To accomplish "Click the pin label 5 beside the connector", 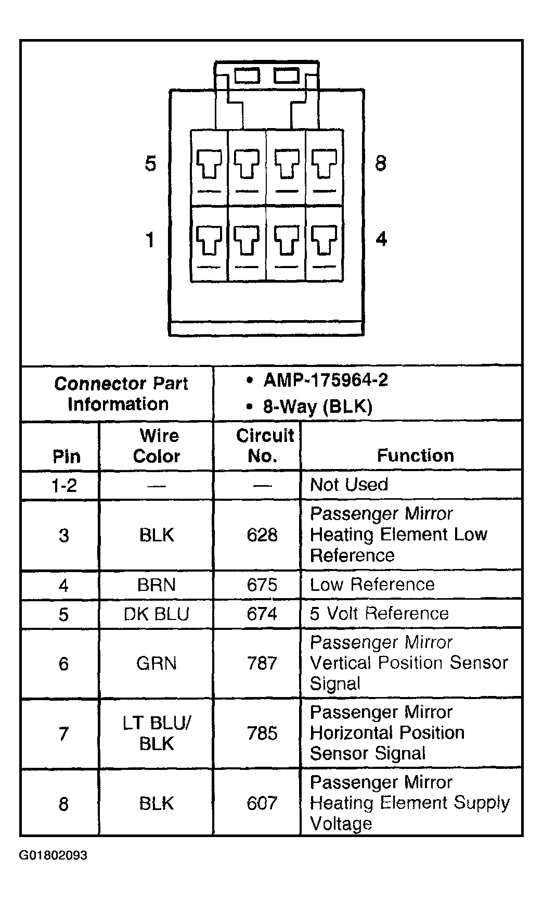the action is (150, 164).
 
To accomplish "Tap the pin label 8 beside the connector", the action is (381, 163).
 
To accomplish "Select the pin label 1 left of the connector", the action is (150, 240).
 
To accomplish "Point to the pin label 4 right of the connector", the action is (381, 239).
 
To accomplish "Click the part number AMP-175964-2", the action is (326, 380).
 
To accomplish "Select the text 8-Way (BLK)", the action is (318, 406).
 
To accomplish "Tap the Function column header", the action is (416, 455).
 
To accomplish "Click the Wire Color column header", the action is (157, 446).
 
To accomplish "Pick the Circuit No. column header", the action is (265, 446).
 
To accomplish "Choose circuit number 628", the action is (262, 535).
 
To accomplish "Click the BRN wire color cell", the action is (157, 585).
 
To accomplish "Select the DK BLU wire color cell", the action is (157, 614).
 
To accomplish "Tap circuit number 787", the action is (262, 663).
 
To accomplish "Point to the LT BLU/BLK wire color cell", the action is (157, 733).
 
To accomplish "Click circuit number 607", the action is (262, 803).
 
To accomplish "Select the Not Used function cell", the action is (349, 485).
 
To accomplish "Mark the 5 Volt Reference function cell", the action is (379, 613).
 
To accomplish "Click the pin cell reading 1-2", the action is (64, 485).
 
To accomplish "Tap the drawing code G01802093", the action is (54, 855).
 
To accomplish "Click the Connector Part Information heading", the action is (120, 394).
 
